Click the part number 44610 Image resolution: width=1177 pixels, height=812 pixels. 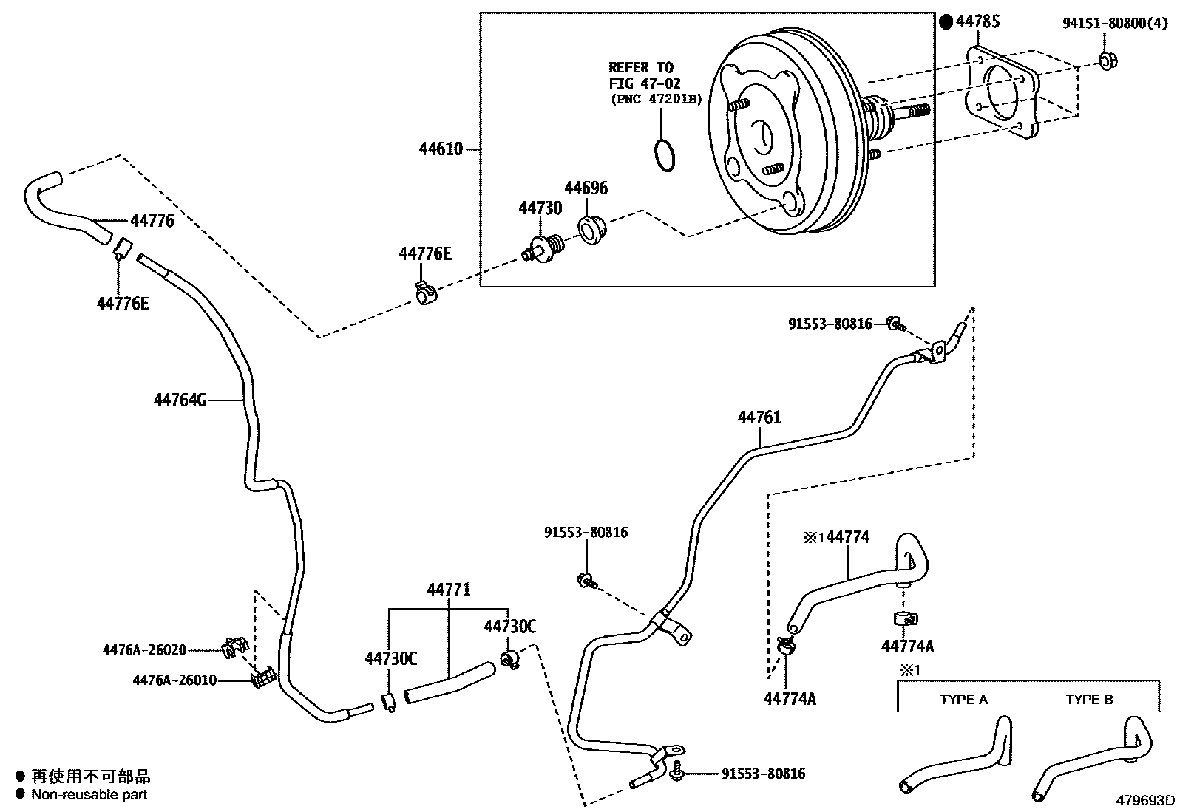(x=441, y=149)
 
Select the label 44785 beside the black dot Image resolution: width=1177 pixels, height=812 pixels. (x=977, y=21)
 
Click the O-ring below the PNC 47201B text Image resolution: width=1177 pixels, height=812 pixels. (x=665, y=154)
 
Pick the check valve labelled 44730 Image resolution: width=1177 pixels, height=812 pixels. (x=545, y=248)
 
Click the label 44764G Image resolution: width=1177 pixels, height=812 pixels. (x=180, y=400)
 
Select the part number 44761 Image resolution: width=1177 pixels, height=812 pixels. (x=759, y=417)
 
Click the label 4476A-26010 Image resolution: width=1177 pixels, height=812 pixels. (x=174, y=680)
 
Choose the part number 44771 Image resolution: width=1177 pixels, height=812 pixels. (x=448, y=590)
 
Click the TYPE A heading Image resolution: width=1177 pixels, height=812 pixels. (x=963, y=699)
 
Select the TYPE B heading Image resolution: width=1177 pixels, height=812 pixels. (x=1089, y=699)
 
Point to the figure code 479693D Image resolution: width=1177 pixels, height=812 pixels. (x=1145, y=800)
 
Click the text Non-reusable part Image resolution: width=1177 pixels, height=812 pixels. (x=89, y=795)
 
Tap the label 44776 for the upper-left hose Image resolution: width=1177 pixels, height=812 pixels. (x=152, y=220)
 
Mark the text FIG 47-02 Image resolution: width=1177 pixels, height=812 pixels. (x=644, y=83)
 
